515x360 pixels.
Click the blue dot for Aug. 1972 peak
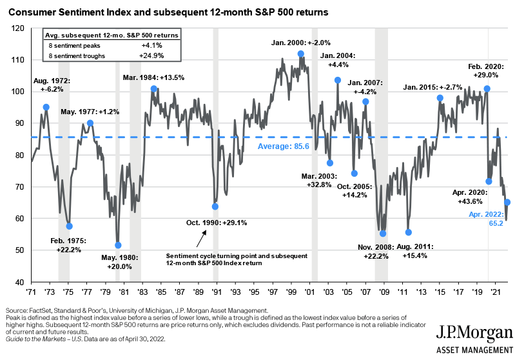pyautogui.click(x=46, y=107)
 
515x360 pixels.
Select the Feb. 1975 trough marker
pyautogui.click(x=70, y=226)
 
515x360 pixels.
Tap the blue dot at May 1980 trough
pyautogui.click(x=118, y=245)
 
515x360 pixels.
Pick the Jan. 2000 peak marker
pyautogui.click(x=301, y=54)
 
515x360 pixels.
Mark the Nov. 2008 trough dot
pyautogui.click(x=383, y=234)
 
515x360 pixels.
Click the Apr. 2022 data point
pyautogui.click(x=507, y=202)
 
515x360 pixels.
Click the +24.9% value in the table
pyautogui.click(x=155, y=56)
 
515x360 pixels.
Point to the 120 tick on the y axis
pyautogui.click(x=18, y=28)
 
